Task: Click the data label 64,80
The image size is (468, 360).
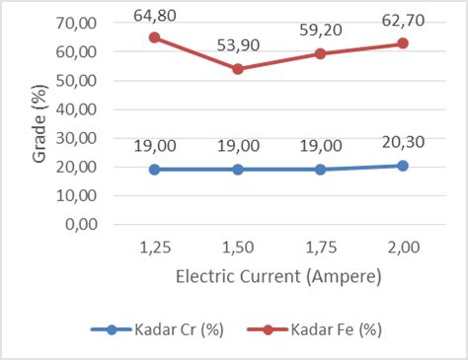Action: point(154,15)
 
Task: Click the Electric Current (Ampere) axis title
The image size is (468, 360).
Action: point(278,277)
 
